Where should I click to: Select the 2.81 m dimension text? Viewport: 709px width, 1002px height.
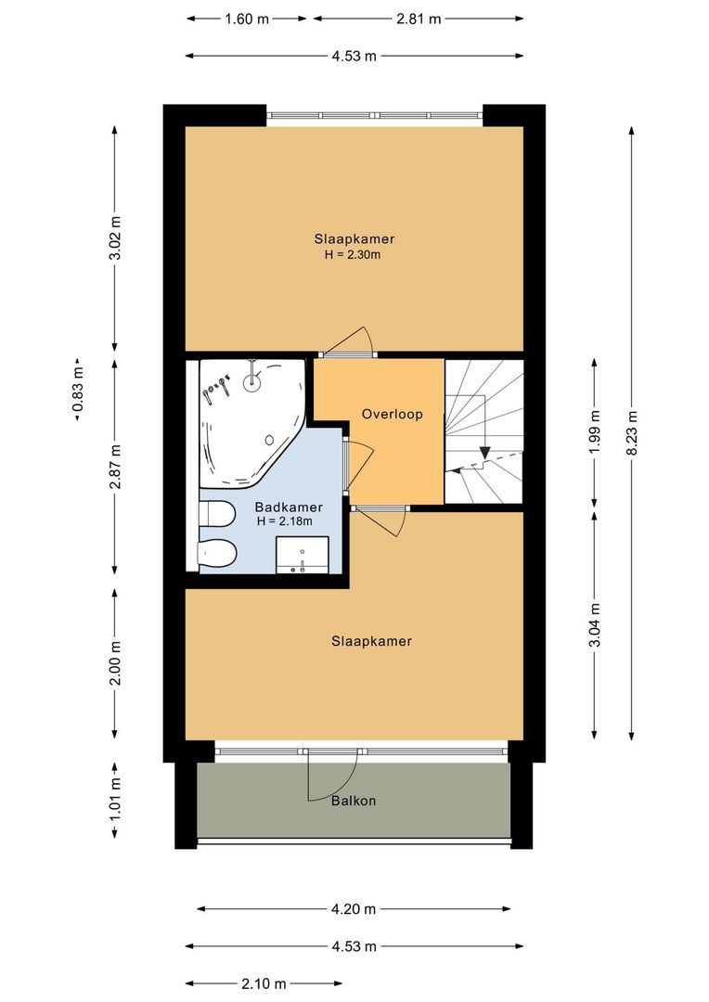[x=417, y=18]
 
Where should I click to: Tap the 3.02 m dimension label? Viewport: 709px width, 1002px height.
[x=115, y=239]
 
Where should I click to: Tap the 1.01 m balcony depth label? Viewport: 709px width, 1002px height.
[x=115, y=800]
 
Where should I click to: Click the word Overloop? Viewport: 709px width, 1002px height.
[x=392, y=414]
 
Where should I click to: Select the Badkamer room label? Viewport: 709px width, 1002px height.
[x=288, y=507]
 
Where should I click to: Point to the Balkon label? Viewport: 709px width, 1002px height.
[x=354, y=801]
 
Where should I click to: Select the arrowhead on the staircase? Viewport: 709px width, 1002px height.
[x=483, y=454]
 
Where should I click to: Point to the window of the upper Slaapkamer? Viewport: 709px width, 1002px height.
[x=375, y=115]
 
